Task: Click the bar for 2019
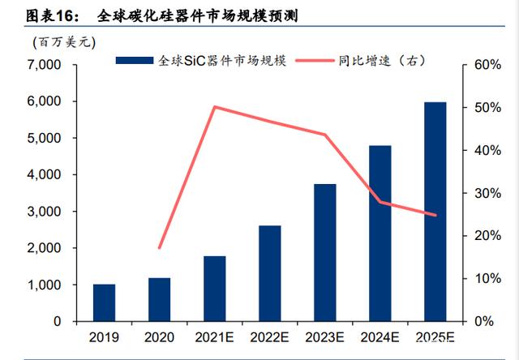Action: click(105, 302)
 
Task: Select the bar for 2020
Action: click(159, 299)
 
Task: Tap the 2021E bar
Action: click(214, 289)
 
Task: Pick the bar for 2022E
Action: click(270, 273)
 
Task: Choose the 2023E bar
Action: click(325, 252)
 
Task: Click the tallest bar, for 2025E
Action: click(435, 212)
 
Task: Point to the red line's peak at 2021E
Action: click(215, 107)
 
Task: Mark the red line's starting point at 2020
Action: click(160, 247)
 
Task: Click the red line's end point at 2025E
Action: click(435, 215)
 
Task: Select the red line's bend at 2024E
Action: click(380, 202)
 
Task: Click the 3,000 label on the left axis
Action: click(44, 211)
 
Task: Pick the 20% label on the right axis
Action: click(487, 236)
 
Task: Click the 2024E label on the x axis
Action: click(380, 337)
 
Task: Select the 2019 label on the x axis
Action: click(104, 337)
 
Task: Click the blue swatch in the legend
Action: click(135, 61)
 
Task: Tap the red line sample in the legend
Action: click(315, 61)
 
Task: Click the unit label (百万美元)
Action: click(64, 42)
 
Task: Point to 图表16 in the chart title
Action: click(52, 16)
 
